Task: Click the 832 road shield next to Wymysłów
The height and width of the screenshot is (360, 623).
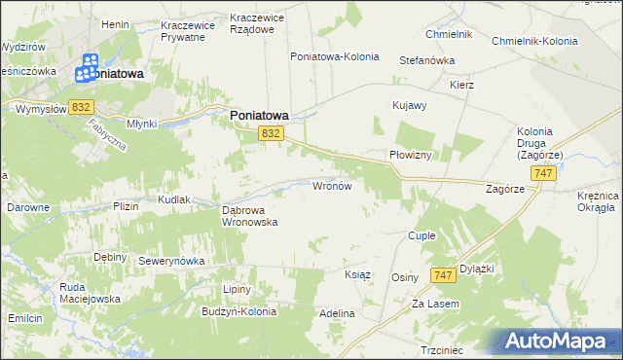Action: [81, 107]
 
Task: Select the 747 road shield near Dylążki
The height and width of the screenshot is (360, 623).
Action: [442, 276]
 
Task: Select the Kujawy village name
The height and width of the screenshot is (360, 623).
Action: [409, 104]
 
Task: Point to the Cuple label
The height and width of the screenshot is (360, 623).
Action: [421, 235]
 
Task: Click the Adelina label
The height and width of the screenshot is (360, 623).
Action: [337, 314]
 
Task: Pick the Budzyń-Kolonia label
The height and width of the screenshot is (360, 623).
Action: [239, 312]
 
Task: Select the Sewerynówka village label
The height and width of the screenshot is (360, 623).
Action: [170, 262]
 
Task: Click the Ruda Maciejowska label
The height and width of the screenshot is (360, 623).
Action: [90, 293]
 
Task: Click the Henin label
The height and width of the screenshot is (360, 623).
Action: [115, 23]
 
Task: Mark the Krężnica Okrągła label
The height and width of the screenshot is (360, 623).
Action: [592, 200]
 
